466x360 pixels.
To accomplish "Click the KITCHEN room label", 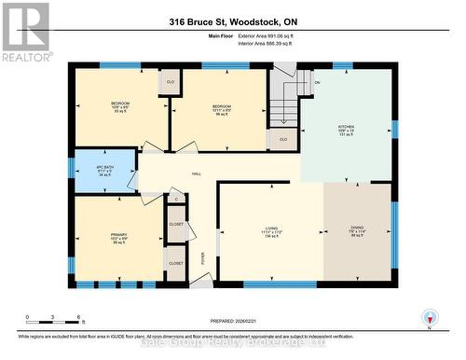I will click(x=344, y=128).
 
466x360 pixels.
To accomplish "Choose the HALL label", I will click(x=197, y=174).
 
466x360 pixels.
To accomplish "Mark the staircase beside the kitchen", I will click(x=283, y=103).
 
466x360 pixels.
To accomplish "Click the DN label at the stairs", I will click(x=316, y=83).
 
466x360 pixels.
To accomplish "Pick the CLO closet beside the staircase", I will click(x=283, y=139).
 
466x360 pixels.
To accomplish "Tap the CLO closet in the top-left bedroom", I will click(x=170, y=83).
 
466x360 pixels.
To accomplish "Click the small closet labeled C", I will click(x=176, y=199).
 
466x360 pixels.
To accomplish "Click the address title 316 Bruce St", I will click(x=233, y=21).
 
